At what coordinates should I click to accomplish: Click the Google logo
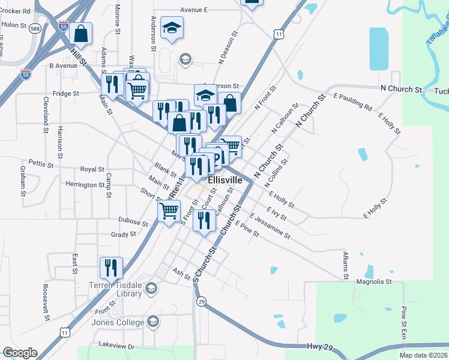(x=20, y=353)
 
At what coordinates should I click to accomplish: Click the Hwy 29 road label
(x=319, y=347)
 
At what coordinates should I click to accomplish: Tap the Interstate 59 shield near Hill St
(x=64, y=28)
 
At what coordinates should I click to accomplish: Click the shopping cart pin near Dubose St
(x=169, y=211)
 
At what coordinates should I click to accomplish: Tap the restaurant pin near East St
(x=111, y=267)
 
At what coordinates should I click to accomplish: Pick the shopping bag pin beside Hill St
(x=80, y=35)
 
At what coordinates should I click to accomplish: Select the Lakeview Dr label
(x=118, y=346)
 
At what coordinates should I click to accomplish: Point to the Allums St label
(x=346, y=265)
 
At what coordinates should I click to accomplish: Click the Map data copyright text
(x=424, y=355)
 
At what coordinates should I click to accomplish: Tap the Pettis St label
(x=41, y=163)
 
